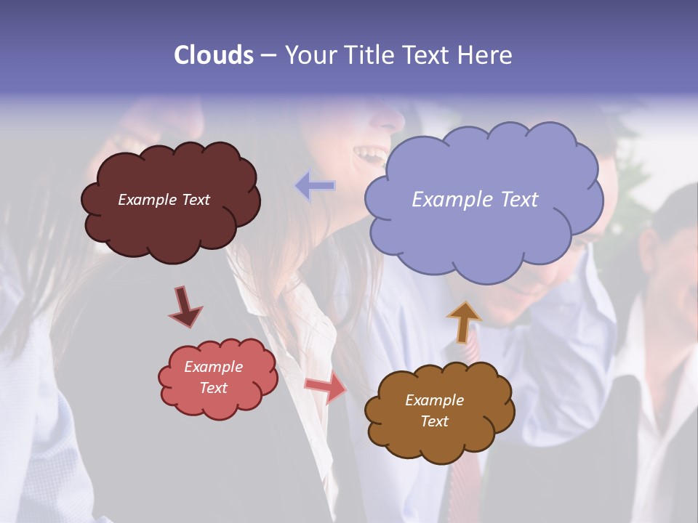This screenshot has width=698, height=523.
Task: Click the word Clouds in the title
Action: point(214,55)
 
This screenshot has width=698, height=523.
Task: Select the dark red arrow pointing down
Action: point(185,307)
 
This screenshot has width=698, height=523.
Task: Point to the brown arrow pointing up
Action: point(464,321)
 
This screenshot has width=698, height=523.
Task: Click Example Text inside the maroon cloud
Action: point(164,200)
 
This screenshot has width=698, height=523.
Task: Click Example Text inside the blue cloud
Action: point(475,200)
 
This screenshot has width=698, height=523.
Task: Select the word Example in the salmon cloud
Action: point(213,367)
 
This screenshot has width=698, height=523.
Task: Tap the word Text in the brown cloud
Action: point(434,421)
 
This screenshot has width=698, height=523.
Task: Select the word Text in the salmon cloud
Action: point(213,388)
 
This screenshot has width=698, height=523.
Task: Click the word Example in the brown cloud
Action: point(434,400)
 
